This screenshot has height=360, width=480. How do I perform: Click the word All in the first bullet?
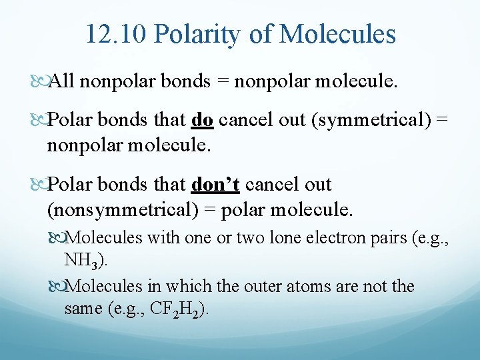point(62,82)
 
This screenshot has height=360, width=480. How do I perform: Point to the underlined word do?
point(202,121)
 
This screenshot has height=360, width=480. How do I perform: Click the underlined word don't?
point(215,185)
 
